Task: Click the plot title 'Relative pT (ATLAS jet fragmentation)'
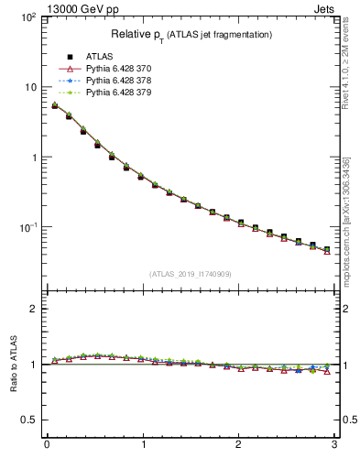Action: point(191,35)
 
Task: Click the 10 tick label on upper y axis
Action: point(29,87)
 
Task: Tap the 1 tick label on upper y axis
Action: point(32,157)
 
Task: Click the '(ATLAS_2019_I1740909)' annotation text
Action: point(191,274)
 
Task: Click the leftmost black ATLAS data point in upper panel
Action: point(55,106)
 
